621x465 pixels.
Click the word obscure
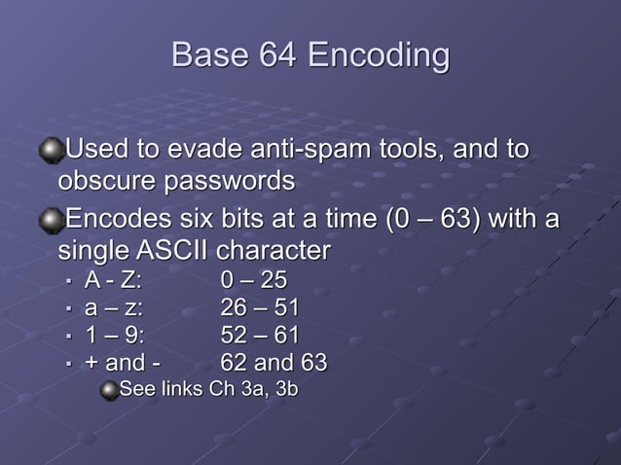tap(106, 182)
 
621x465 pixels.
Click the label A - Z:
tap(113, 281)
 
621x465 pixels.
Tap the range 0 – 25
tap(253, 281)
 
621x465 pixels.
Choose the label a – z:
tap(114, 308)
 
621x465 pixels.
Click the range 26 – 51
tap(259, 308)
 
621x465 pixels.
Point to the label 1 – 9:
tap(113, 336)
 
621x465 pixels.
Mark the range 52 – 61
tap(259, 336)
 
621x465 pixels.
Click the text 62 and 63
tap(274, 364)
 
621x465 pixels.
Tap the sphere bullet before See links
tap(109, 390)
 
